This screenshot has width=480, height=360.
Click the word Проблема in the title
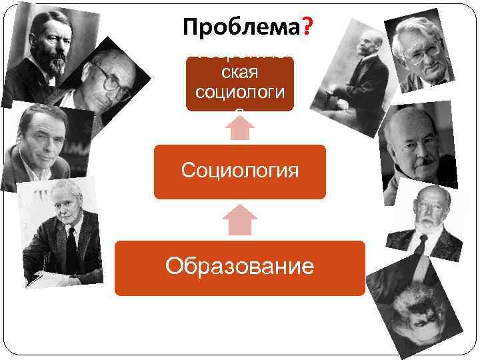point(241,28)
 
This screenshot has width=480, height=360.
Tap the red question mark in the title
point(309,28)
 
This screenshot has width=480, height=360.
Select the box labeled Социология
point(240,171)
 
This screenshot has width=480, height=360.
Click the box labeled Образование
point(240,267)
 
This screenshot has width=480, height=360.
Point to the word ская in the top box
point(239,72)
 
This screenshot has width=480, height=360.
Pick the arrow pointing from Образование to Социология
point(239,220)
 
